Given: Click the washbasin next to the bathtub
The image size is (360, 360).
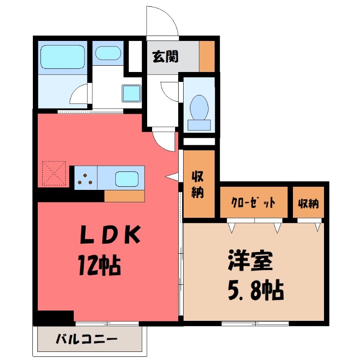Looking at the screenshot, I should [x=108, y=53].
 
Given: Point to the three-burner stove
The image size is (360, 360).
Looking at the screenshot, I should [x=85, y=178].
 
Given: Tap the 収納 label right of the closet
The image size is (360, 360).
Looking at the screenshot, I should [x=308, y=203].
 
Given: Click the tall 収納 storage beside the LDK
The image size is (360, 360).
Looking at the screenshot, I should [x=197, y=184].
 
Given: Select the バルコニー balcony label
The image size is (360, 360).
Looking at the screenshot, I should [x=87, y=339].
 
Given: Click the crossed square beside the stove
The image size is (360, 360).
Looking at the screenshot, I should [x=54, y=173].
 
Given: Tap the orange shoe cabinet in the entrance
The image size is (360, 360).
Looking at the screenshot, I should [x=207, y=56].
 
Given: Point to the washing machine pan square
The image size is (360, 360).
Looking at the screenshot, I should [x=132, y=94].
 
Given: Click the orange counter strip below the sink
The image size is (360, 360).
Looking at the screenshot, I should [x=125, y=196].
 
